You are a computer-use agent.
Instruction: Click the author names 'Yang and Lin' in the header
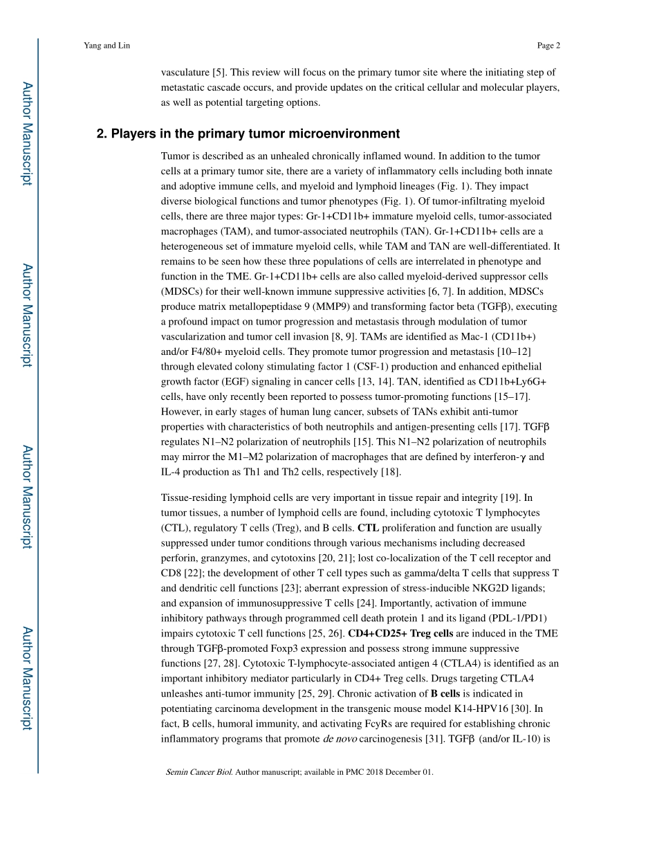click(x=107, y=46)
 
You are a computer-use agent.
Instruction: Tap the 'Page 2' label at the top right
click(x=548, y=46)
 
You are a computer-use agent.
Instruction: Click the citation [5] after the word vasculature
click(x=219, y=72)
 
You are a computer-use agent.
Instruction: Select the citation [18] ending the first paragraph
click(x=391, y=472)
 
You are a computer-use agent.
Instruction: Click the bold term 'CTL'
click(x=368, y=528)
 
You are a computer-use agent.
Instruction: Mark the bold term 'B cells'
click(x=445, y=693)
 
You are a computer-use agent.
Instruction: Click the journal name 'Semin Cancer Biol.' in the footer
click(x=199, y=772)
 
